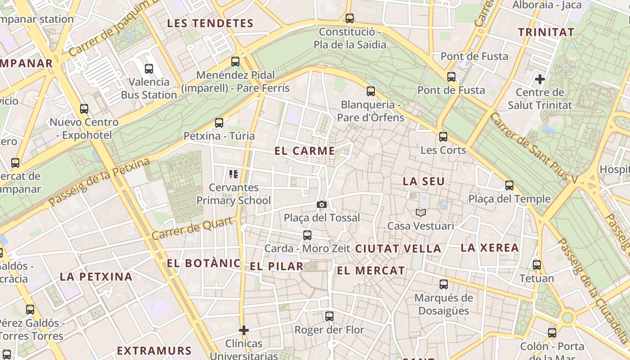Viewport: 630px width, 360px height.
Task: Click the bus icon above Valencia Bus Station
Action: point(149,69)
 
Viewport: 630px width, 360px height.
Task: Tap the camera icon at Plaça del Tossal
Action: point(321,205)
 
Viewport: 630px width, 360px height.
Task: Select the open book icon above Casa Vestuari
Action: point(421,212)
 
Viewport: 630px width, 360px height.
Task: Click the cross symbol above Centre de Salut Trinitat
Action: point(540,80)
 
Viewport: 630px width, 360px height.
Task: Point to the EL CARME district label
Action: point(305,151)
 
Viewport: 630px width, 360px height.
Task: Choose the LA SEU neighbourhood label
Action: point(423,181)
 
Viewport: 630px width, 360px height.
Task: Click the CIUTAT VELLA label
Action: point(398,248)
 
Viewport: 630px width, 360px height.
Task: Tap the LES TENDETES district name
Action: point(211,23)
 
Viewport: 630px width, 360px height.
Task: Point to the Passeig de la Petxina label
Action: point(99,182)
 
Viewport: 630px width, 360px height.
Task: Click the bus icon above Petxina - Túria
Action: point(219,122)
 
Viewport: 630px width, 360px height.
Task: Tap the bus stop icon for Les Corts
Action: point(443,137)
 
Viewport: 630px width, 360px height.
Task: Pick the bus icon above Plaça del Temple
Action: point(509,185)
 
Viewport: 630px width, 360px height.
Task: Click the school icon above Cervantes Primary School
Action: point(233,174)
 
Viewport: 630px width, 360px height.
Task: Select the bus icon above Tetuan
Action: point(537,265)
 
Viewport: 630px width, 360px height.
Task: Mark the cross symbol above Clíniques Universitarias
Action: point(244,331)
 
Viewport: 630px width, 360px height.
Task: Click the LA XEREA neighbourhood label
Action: point(490,247)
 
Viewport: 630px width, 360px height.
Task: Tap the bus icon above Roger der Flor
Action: point(329,316)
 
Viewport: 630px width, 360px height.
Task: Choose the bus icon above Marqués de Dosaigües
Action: point(444,284)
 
